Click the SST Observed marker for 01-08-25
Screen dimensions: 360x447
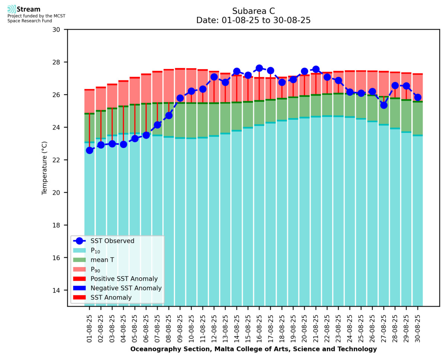(x=89, y=150)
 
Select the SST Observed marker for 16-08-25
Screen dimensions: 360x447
(x=259, y=68)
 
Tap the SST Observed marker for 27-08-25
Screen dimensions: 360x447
(x=384, y=105)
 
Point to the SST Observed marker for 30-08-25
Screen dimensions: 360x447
(x=418, y=98)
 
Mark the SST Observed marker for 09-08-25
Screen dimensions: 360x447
(x=180, y=98)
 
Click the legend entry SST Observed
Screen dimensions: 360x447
(x=112, y=241)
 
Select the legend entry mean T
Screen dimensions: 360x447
(x=102, y=260)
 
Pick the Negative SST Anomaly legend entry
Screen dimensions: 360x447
(x=126, y=288)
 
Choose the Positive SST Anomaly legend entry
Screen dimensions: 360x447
(x=124, y=279)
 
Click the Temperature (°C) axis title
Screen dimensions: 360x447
(x=45, y=168)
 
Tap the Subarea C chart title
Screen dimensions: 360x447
(x=253, y=11)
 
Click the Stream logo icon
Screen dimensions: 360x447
(x=12, y=9)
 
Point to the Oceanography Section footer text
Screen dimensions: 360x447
(x=253, y=349)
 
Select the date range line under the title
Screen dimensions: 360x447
(x=253, y=20)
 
